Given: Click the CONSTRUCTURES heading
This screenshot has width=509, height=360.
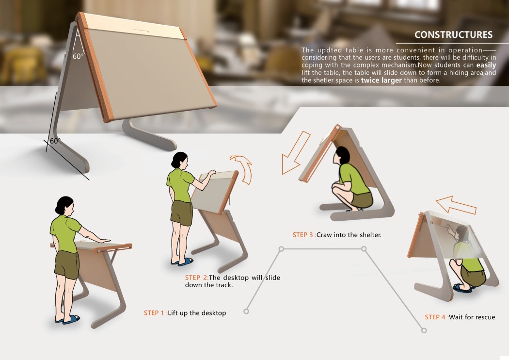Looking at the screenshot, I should click(x=453, y=35).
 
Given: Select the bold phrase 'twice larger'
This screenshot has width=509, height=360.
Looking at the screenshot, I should click(x=381, y=81).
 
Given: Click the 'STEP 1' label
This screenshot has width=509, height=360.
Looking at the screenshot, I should click(x=155, y=313).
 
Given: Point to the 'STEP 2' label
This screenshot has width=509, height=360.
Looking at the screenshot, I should click(x=196, y=278).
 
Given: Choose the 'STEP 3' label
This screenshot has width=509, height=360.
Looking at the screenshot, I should click(x=303, y=235).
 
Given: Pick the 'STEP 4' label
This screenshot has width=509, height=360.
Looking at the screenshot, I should click(x=436, y=317).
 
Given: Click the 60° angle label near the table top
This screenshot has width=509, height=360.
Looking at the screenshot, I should click(x=78, y=56).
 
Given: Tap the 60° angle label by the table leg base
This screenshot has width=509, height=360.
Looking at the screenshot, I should click(x=55, y=141).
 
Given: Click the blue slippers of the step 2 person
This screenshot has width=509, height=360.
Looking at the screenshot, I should click(x=183, y=262).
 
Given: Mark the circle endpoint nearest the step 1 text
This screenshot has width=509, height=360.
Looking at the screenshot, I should click(x=246, y=311).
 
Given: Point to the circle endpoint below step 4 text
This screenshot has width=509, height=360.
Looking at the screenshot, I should click(x=424, y=330).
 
